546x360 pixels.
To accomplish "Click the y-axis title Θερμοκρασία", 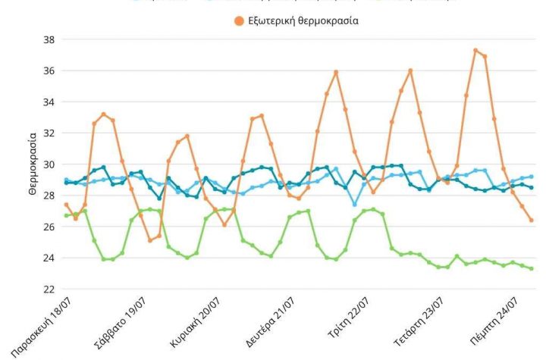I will pos(33,164).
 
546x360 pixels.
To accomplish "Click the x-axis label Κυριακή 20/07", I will pos(196,322).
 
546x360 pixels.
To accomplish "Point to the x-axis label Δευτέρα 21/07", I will pos(271,322).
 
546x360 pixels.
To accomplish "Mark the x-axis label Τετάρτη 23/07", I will pos(422,322).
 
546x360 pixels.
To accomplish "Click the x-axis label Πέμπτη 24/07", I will pos(498,321).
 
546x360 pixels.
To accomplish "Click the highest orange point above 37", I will pos(475,51).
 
